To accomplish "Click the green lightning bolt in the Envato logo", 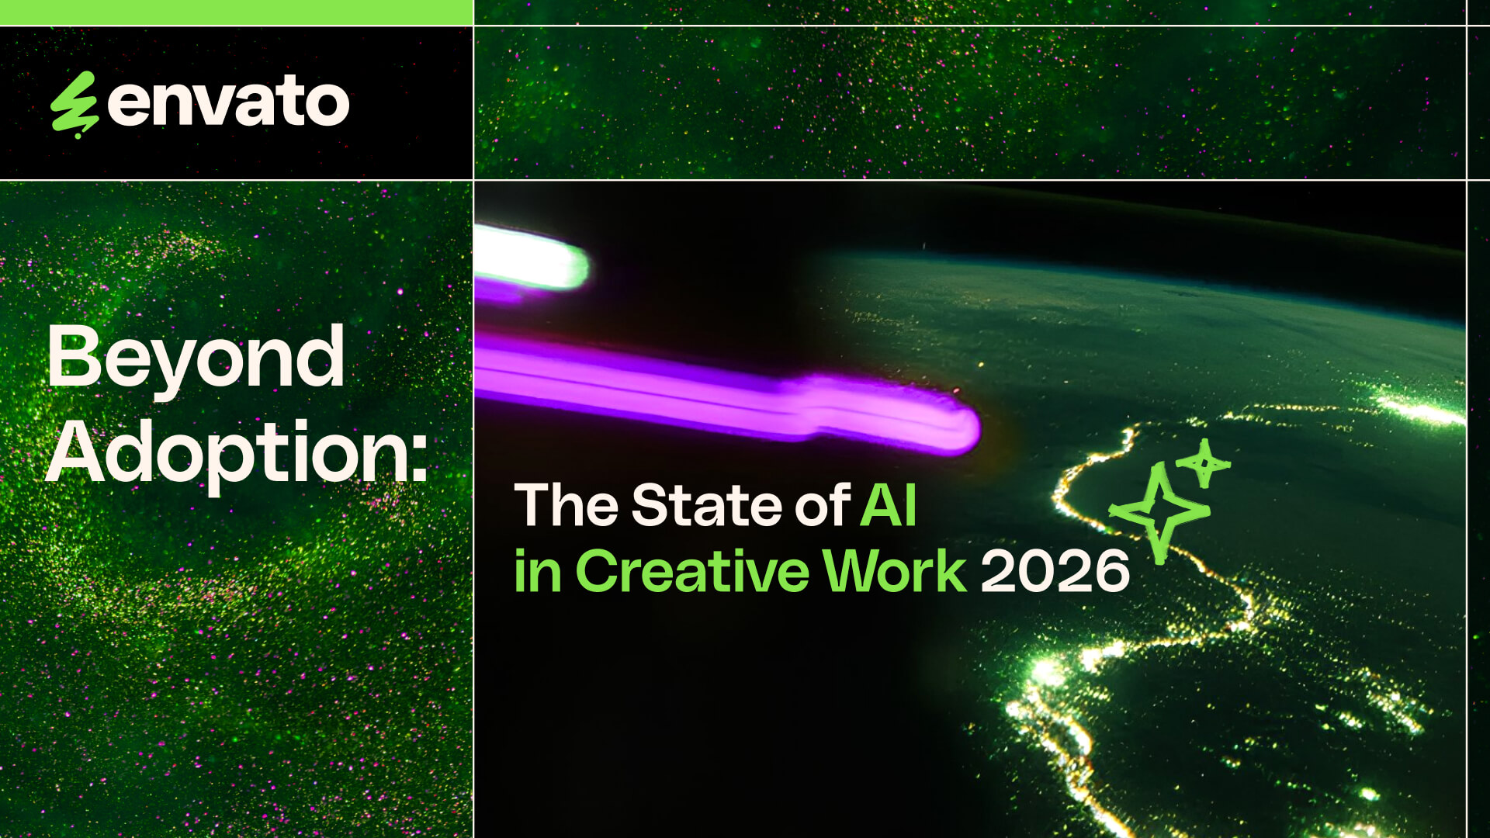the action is (74, 105).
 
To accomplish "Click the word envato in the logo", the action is (229, 101).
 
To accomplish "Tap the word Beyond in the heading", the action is (196, 358).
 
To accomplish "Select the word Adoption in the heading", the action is (227, 453).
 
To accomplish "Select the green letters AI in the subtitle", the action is (889, 505).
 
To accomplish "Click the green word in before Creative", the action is (538, 571).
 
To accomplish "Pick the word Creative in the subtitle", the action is (692, 571).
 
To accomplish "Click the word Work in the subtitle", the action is (895, 571).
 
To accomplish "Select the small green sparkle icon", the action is (1204, 463).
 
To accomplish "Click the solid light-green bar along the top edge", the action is (237, 12).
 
